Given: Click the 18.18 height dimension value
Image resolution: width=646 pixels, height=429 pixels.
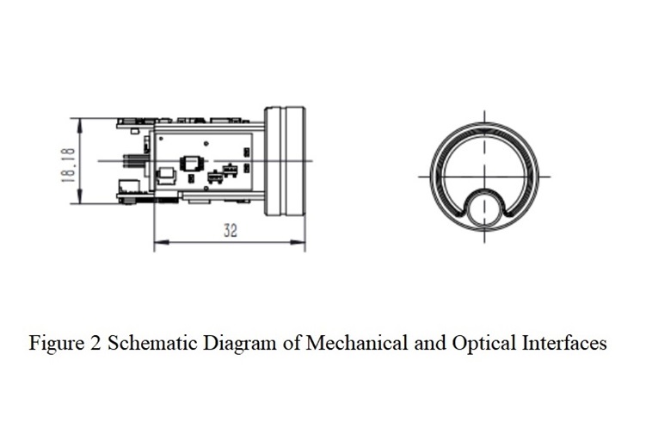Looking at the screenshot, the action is tap(69, 165).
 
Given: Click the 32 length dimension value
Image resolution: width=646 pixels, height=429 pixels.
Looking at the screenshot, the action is tap(231, 230).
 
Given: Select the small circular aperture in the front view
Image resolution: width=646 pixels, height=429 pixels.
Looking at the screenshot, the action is tap(484, 208).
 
